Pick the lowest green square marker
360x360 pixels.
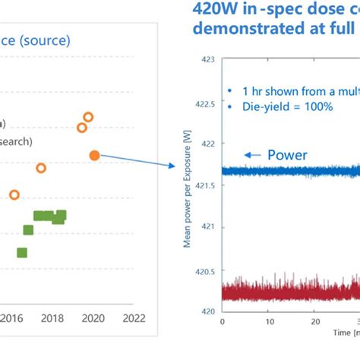[x=22, y=252]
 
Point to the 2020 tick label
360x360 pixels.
[x=92, y=317]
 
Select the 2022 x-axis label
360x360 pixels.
[x=134, y=317]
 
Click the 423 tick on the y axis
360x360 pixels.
[x=206, y=58]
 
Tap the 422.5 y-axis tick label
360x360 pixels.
[x=202, y=101]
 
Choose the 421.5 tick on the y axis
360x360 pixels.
[x=202, y=185]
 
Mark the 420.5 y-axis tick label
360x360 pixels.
[x=202, y=270]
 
